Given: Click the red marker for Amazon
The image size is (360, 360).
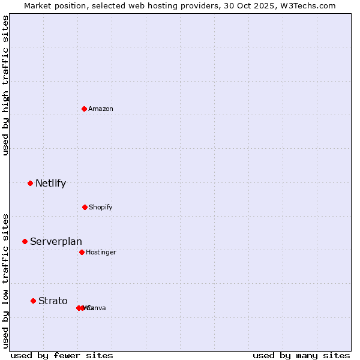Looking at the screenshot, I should (85, 109).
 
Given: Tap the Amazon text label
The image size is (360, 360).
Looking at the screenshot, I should (101, 109).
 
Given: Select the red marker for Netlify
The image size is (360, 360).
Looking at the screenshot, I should (30, 183).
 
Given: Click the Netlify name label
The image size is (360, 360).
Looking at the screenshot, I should (50, 183).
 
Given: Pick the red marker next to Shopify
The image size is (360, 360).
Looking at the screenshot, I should (85, 207).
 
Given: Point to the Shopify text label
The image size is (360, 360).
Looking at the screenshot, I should (101, 207).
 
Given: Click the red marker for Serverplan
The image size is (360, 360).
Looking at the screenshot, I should (25, 241).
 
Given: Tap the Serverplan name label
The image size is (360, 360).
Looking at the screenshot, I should (56, 241).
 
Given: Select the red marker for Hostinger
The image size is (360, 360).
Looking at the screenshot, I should (82, 252).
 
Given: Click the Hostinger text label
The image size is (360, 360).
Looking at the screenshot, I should (101, 252).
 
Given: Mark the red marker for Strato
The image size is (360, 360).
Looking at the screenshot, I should (34, 301).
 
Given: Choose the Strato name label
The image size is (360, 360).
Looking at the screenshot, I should (53, 301).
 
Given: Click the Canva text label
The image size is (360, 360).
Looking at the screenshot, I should (97, 308).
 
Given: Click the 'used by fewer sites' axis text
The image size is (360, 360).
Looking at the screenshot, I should (62, 355).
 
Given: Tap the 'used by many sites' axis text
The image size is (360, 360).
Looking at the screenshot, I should (301, 355).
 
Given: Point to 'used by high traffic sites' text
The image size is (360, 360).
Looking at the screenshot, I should (5, 85).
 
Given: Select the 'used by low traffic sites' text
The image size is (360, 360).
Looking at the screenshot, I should (5, 281).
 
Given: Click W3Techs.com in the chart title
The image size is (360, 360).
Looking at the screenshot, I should (310, 5).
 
